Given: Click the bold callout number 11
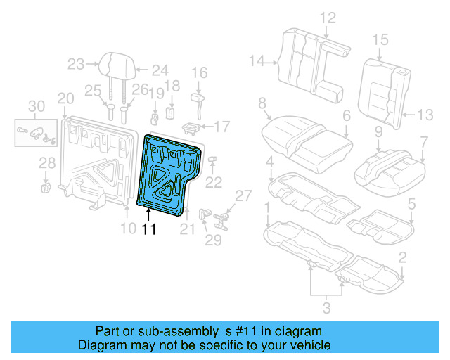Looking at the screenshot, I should coord(149,229).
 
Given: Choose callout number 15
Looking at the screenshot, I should coord(380,40).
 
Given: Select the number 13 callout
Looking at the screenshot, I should coord(427,114).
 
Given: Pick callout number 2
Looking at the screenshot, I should coord(402,258).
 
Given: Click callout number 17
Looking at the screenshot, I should coord(222,127).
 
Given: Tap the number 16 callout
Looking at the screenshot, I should coord(200,72).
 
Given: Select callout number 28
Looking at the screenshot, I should coord(46,164).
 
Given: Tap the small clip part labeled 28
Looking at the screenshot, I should coord(47,186).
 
